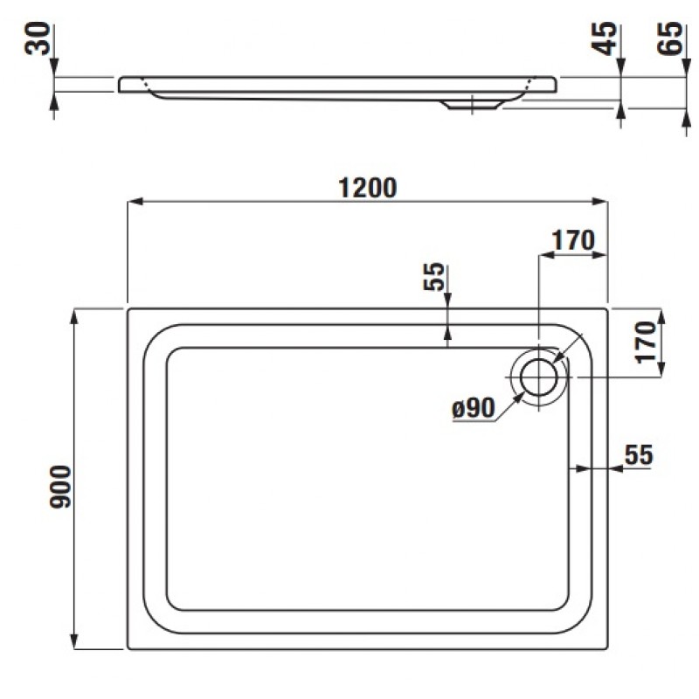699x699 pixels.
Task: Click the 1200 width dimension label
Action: coord(367,188)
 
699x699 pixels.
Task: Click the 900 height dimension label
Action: coord(60,487)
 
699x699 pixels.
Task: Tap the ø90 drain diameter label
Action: coord(474,408)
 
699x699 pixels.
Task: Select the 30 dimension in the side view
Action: coord(38,38)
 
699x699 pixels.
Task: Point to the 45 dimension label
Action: coord(606,38)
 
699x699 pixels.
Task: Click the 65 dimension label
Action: coord(670,38)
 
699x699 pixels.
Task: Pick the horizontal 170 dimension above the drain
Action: coord(573,240)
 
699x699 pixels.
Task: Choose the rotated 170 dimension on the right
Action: coord(647,343)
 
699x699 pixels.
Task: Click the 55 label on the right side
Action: coord(639,454)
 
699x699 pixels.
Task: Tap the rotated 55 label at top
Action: coord(433,276)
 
